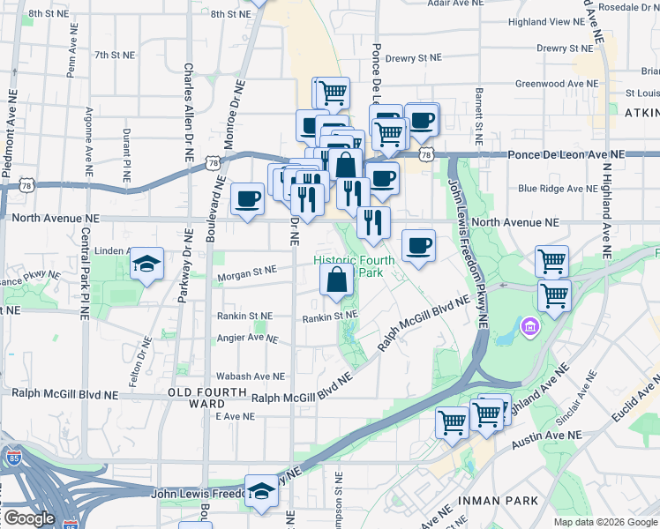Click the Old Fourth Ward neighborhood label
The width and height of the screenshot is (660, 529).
point(208,397)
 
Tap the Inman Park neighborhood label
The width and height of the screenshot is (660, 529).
point(498,501)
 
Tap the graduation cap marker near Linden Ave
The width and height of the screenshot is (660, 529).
point(146,263)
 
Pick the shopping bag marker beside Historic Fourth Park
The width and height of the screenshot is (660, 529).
point(337,279)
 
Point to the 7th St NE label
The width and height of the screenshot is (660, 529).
point(114,55)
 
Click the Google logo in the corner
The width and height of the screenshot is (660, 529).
point(28,518)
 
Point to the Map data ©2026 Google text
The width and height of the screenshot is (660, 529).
point(604,522)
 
